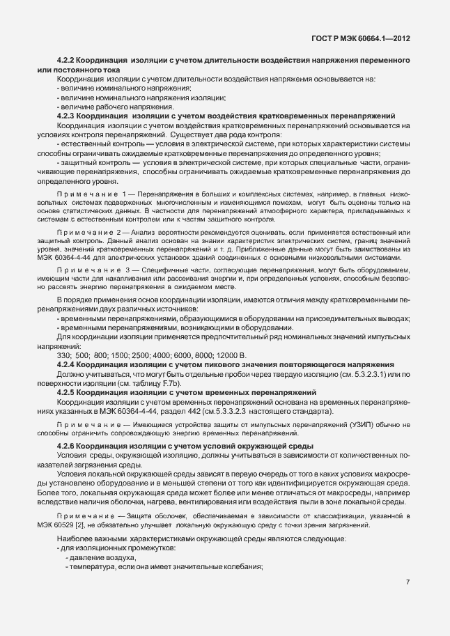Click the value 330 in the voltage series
point(63,355)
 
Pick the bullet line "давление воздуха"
point(102,558)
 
